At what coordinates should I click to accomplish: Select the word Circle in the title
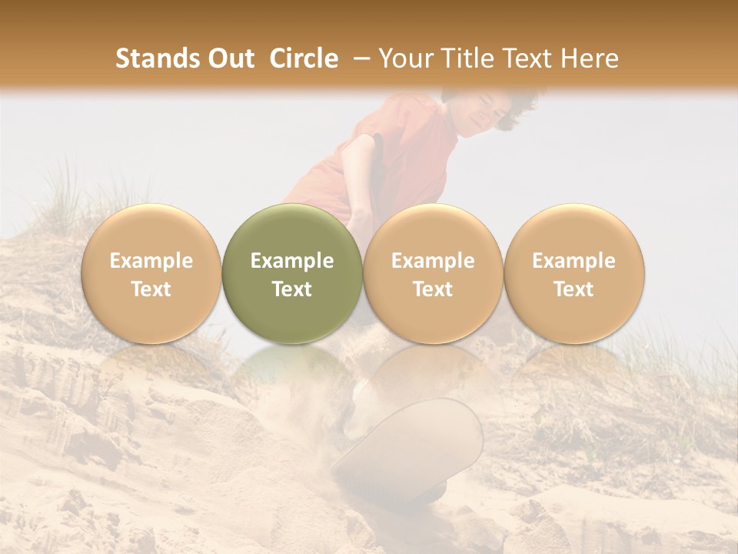[304, 58]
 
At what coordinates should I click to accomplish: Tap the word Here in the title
[590, 58]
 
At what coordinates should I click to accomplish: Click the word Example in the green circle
[291, 261]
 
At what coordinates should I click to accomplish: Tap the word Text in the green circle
[291, 289]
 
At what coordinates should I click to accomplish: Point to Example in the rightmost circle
[573, 261]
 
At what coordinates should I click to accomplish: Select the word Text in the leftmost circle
[151, 289]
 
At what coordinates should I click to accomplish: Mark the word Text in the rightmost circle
[573, 289]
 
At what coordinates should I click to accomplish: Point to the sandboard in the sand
[411, 446]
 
